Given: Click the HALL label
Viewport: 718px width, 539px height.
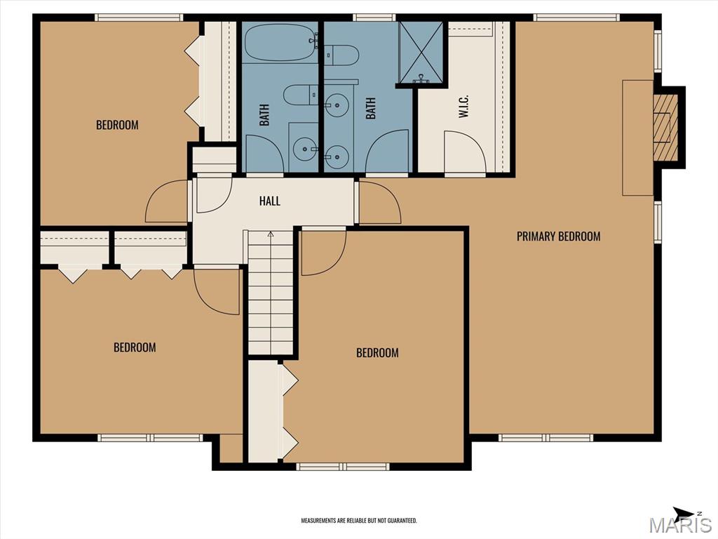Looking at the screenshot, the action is [x=270, y=201].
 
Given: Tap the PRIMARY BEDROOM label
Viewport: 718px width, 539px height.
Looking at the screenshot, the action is [x=558, y=236].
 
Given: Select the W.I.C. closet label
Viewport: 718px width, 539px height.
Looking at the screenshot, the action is [x=463, y=107].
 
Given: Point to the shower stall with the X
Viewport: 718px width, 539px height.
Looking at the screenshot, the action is [x=421, y=53].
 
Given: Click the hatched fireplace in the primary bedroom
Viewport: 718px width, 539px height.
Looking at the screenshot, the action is [x=665, y=128].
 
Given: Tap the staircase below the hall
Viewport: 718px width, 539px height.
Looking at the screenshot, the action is [x=271, y=293].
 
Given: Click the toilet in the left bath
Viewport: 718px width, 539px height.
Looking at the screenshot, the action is [x=300, y=95].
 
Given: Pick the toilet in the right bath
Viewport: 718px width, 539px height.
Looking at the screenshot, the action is [x=341, y=55].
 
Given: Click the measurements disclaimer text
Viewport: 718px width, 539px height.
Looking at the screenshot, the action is [x=358, y=521].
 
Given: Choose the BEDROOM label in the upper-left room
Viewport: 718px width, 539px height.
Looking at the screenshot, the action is [x=117, y=125].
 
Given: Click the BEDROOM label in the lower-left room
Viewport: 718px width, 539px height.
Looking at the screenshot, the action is [x=135, y=347].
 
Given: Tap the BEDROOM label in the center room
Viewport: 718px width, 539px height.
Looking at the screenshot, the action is [x=377, y=352].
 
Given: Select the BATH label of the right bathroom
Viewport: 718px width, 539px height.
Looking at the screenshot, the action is [x=370, y=108].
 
